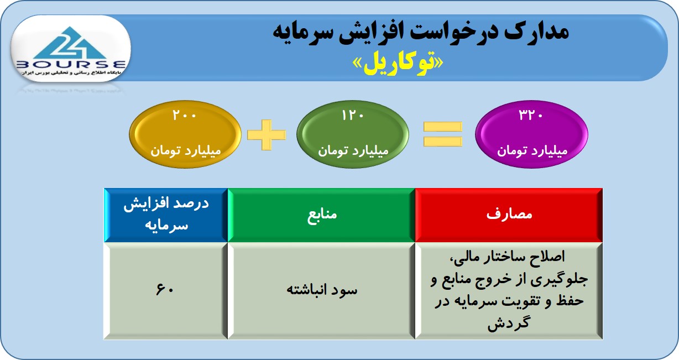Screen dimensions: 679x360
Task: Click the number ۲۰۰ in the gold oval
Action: pos(184,116)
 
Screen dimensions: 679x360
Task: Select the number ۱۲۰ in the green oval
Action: pos(353,116)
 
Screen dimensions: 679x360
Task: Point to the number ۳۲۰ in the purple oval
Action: pos(530,115)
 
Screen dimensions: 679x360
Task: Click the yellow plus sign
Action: pos(267,135)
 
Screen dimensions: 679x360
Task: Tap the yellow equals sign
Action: pos(443,134)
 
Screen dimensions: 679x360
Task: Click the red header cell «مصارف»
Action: pos(509,215)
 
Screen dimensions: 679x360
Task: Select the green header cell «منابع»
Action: pos(321,215)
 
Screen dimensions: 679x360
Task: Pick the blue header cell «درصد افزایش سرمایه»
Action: pos(165,215)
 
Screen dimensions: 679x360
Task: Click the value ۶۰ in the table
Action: pos(165,289)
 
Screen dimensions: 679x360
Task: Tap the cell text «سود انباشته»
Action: pos(322,290)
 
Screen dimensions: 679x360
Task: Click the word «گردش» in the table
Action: pos(508,323)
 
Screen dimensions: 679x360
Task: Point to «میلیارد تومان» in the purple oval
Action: pos(532,151)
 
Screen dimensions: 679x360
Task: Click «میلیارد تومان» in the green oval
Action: pos(353,151)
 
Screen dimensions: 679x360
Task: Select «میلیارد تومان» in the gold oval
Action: pos(186,151)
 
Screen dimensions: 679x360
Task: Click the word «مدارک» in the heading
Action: pos(536,32)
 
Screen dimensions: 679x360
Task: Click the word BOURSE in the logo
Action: pos(71,65)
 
